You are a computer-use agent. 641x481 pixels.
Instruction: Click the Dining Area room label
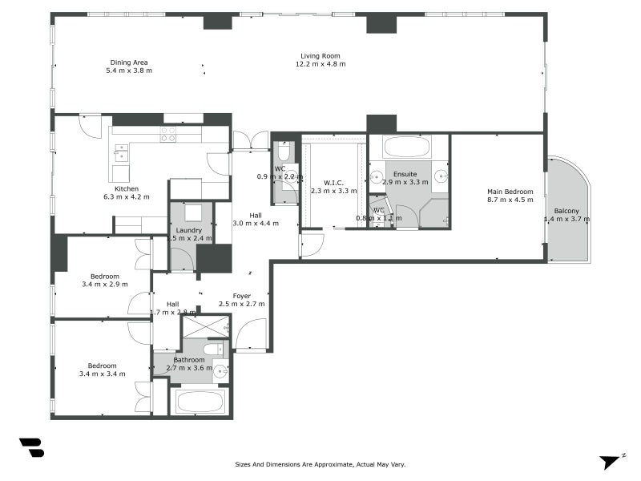pyautogui.click(x=129, y=63)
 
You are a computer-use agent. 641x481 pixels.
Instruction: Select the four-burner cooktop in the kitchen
pyautogui.click(x=168, y=135)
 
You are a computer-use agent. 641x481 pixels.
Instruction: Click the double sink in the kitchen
pyautogui.click(x=121, y=152)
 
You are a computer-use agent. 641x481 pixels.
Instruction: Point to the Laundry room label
pyautogui.click(x=189, y=230)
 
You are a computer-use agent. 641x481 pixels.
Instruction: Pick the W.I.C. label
pyautogui.click(x=333, y=182)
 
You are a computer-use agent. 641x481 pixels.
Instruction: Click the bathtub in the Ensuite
pyautogui.click(x=407, y=148)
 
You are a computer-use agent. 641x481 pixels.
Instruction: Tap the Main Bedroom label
pyautogui.click(x=510, y=192)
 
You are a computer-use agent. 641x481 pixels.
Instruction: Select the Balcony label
pyautogui.click(x=567, y=211)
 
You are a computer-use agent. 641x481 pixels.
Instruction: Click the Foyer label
pyautogui.click(x=242, y=296)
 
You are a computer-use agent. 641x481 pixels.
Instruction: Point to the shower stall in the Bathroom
pyautogui.click(x=205, y=326)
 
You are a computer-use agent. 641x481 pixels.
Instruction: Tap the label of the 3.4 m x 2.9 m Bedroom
pyautogui.click(x=105, y=276)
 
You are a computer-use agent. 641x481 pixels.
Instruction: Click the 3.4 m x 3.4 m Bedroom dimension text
pyautogui.click(x=102, y=374)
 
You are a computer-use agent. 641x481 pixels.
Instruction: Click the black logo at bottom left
pyautogui.click(x=31, y=447)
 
